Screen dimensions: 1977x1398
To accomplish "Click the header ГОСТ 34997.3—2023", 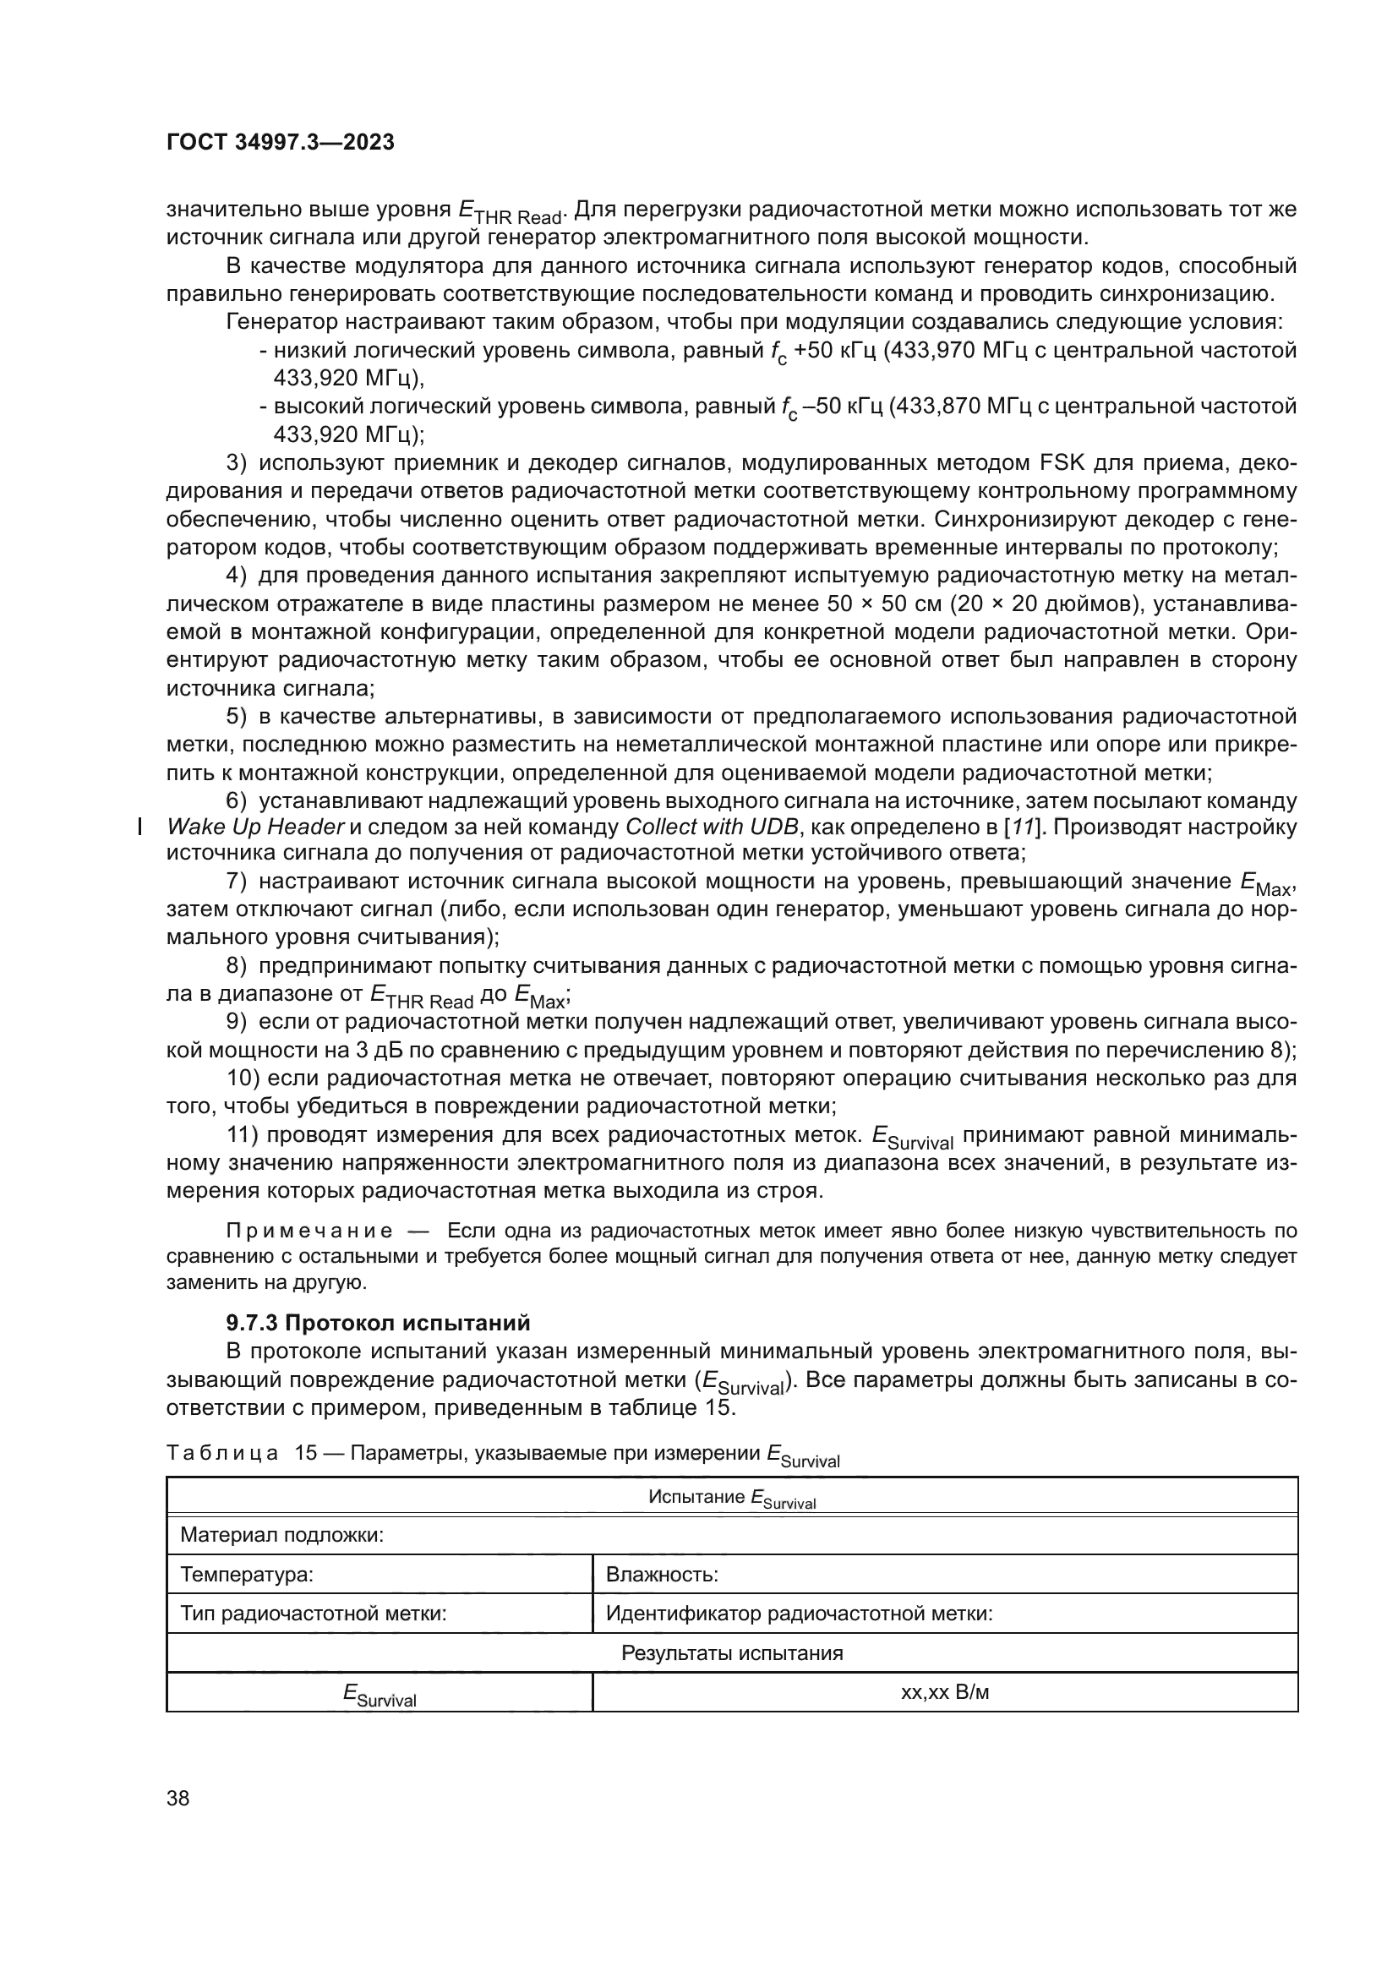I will click(280, 142).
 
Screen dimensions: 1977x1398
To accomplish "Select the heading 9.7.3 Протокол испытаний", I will click(378, 1322).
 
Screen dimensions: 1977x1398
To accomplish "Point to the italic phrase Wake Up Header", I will click(254, 827).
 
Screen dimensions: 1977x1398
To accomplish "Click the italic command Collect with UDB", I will click(711, 827).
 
